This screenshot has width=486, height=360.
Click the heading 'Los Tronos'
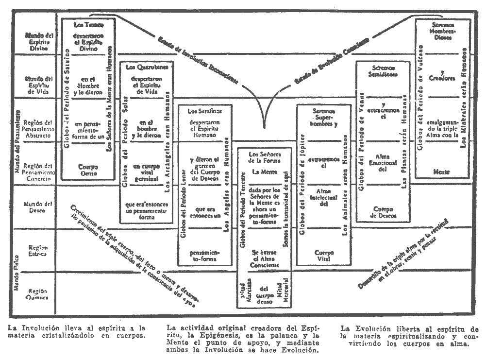(88, 24)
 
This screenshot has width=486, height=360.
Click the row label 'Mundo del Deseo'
(37, 207)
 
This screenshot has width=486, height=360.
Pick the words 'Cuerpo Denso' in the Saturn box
(88, 170)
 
